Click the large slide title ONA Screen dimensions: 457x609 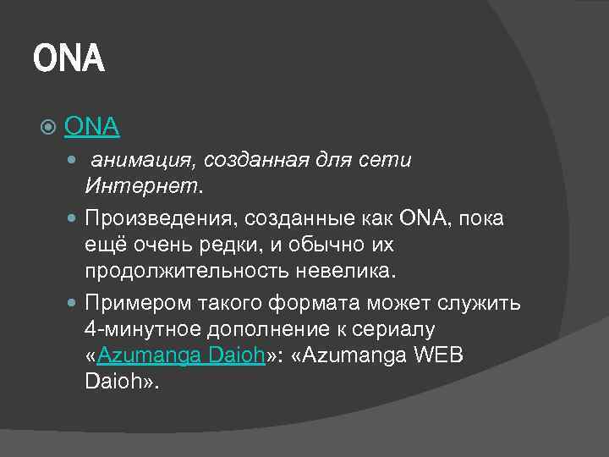[69, 60]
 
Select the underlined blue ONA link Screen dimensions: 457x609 [91, 127]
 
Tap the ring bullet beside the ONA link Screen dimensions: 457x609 [48, 128]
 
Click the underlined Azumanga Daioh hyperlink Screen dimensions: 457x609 [182, 355]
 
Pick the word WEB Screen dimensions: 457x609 [435, 355]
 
